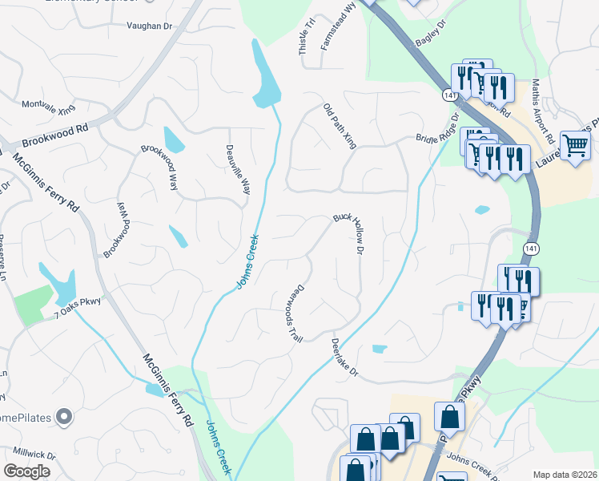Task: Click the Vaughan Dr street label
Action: [149, 26]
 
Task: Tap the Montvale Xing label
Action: [47, 105]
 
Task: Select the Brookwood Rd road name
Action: [55, 133]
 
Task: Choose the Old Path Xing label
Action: [340, 126]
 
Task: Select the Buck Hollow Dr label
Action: [349, 233]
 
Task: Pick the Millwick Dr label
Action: [28, 455]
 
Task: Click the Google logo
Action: [26, 471]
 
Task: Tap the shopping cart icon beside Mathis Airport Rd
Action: [574, 146]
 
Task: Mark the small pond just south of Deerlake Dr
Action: [379, 349]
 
